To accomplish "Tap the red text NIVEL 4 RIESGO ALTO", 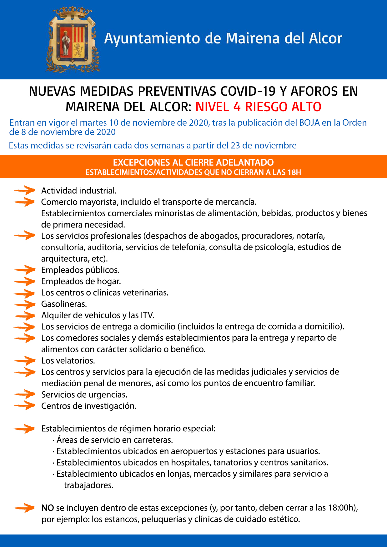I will (x=258, y=107).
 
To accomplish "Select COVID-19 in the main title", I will (x=248, y=91).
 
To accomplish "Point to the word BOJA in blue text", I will (x=309, y=123).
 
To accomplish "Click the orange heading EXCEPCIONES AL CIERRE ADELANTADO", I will (x=193, y=162).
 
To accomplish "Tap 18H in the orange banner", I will (x=294, y=172).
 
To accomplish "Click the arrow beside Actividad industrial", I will (x=24, y=190).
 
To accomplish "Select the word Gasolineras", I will (x=64, y=304).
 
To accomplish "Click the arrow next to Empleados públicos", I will (x=24, y=269).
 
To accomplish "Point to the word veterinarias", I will (x=145, y=293).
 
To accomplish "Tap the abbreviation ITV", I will (x=147, y=315).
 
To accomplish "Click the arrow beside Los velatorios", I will (x=24, y=361).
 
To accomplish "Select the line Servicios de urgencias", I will (x=84, y=394).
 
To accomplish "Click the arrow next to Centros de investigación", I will (x=24, y=406).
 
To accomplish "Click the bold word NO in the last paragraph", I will (x=48, y=508).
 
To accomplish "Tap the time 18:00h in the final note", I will (x=342, y=508).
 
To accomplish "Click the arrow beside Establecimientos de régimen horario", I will (x=24, y=429).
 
